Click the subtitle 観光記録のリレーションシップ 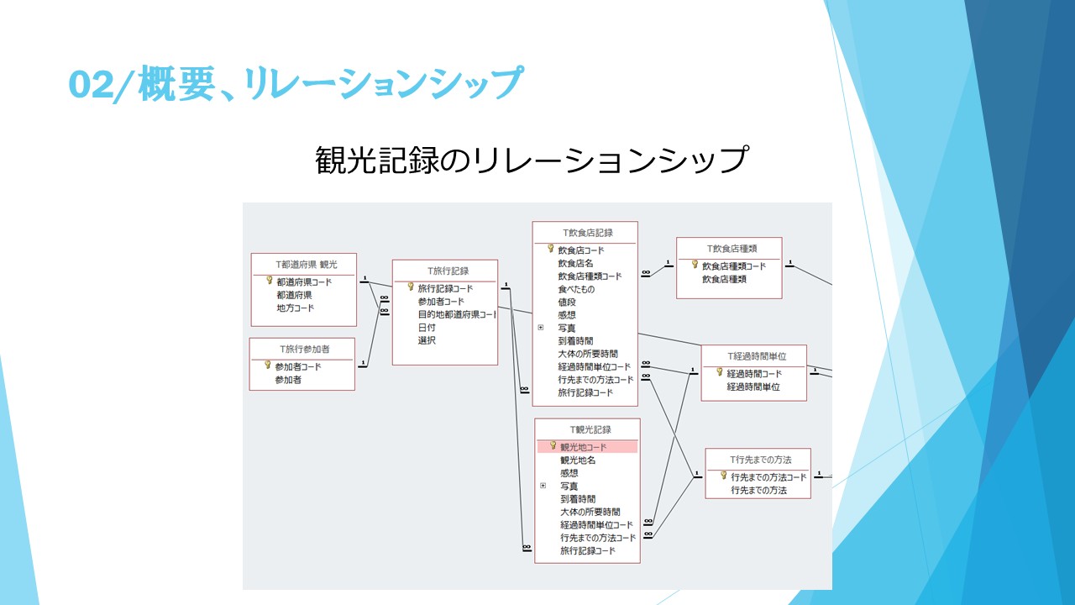[x=531, y=160]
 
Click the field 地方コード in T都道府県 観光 [x=295, y=308]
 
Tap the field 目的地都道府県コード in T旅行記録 [x=457, y=314]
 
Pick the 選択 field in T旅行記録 [x=427, y=340]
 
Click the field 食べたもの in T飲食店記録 [x=576, y=289]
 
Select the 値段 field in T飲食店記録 [x=567, y=302]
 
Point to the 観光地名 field [x=578, y=460]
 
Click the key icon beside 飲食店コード [x=550, y=249]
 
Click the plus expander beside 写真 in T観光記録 [x=543, y=486]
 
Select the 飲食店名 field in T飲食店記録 [x=575, y=263]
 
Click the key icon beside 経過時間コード [x=720, y=372]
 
